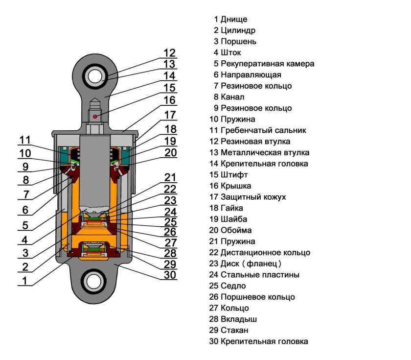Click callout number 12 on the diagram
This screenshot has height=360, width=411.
[x=170, y=53]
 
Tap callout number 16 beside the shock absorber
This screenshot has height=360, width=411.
[x=170, y=100]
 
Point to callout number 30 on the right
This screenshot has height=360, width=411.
[x=170, y=274]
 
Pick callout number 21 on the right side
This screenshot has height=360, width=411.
[x=170, y=177]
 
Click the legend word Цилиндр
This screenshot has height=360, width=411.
[x=238, y=30]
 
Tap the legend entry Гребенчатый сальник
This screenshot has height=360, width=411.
[x=263, y=130]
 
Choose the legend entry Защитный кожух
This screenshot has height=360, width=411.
[x=253, y=197]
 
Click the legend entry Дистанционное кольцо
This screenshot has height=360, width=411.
[x=265, y=253]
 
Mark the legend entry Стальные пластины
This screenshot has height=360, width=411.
[x=260, y=275]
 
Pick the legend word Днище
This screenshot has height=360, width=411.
[x=234, y=20]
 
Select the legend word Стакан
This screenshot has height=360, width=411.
[x=235, y=330]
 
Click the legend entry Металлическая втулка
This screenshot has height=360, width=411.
[x=265, y=152]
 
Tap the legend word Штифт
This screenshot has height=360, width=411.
[x=234, y=174]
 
